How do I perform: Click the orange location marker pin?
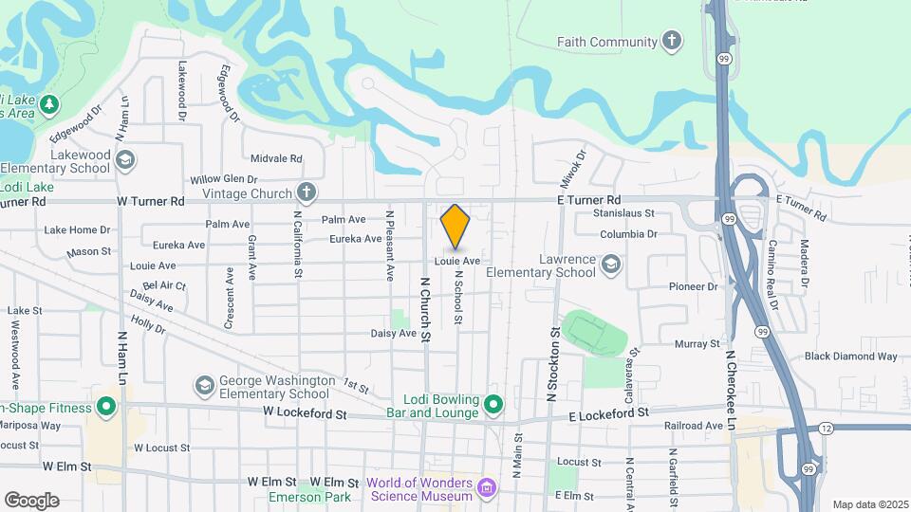(x=455, y=226)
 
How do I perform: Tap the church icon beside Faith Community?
(x=672, y=41)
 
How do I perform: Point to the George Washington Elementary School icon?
(x=204, y=385)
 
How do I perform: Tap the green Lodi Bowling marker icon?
(x=493, y=406)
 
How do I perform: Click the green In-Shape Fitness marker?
(x=106, y=409)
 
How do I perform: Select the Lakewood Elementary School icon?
(x=125, y=160)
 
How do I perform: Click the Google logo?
(x=31, y=501)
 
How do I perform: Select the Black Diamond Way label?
(x=850, y=357)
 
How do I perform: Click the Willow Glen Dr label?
(x=224, y=179)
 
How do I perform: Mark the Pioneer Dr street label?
(x=694, y=286)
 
